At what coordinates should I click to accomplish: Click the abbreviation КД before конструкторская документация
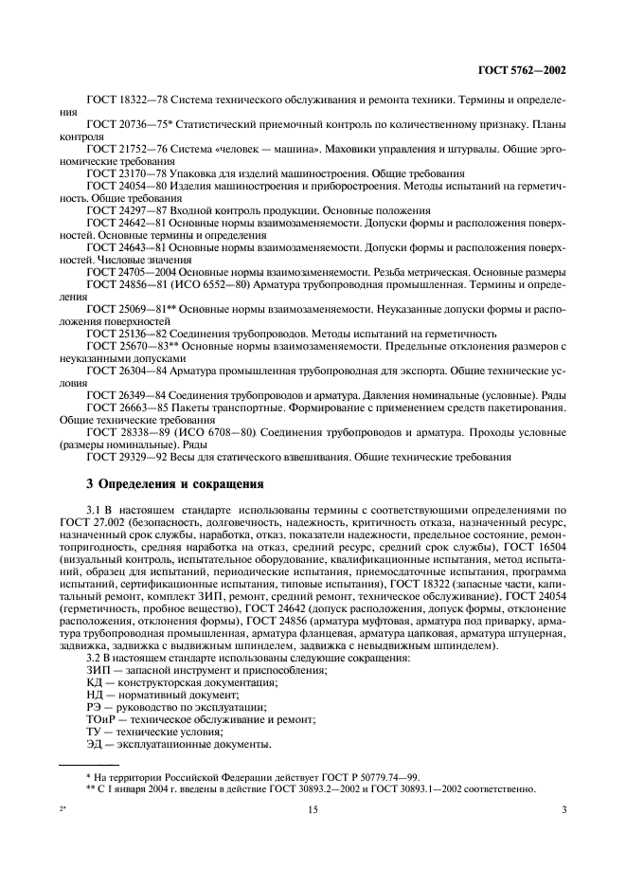tap(94, 682)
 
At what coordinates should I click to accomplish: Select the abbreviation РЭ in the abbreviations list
tap(93, 707)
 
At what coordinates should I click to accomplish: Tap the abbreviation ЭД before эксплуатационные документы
tap(94, 744)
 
